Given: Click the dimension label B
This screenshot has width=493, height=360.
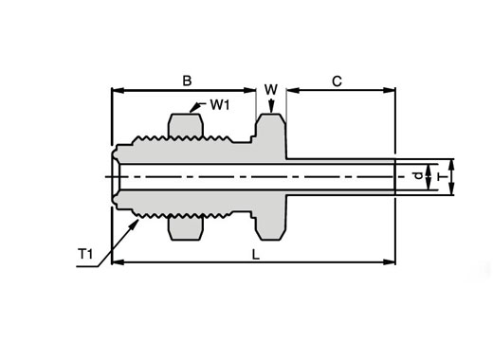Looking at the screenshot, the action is tap(187, 81).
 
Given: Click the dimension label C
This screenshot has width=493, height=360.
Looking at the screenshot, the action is tap(337, 81).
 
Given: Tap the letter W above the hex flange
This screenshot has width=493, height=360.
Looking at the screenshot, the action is tap(271, 90).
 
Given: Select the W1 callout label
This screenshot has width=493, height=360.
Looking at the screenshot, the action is tap(220, 105).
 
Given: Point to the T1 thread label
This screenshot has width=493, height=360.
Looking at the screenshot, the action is tap(85, 254).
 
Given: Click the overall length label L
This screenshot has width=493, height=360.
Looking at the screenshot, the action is tap(256, 255).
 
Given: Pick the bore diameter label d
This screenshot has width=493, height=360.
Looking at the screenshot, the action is tap(418, 175).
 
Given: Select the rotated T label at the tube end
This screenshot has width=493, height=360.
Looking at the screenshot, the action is tap(439, 177).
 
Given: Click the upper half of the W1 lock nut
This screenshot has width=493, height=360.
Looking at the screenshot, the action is tap(186, 126).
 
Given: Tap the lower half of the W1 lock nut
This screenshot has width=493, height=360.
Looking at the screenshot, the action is tap(186, 227).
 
